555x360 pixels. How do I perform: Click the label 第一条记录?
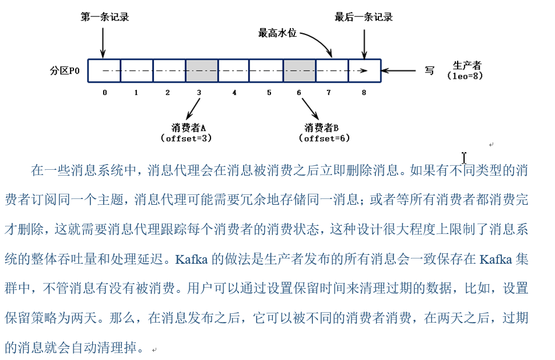[104, 17]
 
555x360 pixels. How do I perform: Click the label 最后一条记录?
[364, 17]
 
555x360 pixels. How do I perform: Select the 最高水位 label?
[277, 33]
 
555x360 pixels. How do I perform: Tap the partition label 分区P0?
[65, 71]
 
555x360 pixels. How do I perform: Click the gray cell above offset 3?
[202, 71]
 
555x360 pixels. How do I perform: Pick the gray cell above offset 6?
[300, 71]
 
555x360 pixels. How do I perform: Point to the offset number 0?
[104, 92]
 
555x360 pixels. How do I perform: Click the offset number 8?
[364, 92]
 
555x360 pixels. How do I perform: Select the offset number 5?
[269, 92]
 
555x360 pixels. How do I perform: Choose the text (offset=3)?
[186, 138]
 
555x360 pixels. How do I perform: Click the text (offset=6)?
[324, 138]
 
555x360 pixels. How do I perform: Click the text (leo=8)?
[465, 76]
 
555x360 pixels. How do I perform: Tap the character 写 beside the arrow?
[429, 71]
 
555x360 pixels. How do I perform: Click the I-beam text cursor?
[464, 158]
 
